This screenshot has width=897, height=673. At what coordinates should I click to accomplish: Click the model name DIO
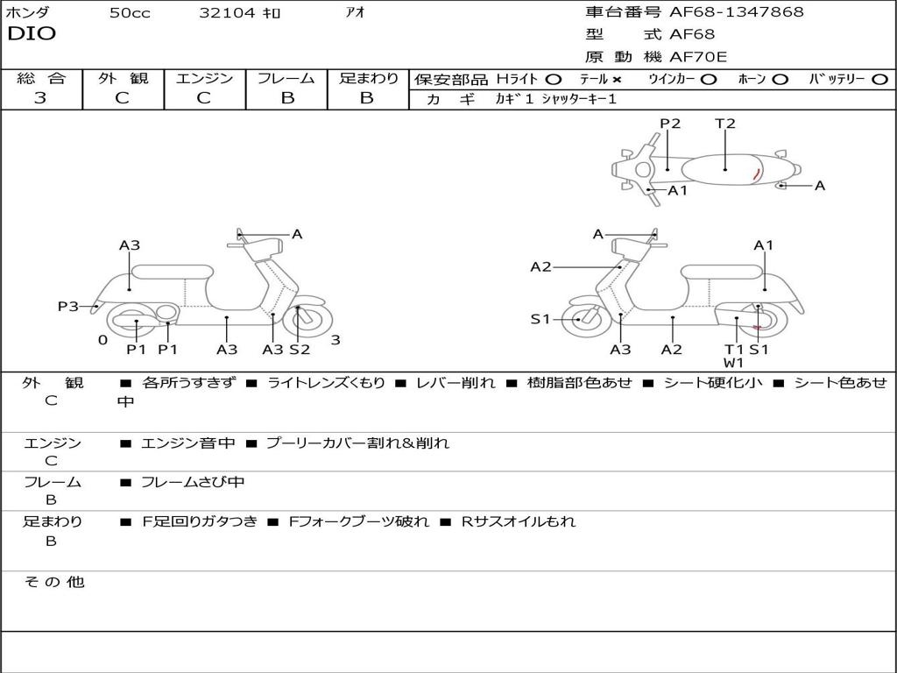point(32,34)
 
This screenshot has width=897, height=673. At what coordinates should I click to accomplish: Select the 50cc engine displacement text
point(130,13)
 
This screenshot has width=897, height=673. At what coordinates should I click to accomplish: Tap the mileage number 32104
point(227,13)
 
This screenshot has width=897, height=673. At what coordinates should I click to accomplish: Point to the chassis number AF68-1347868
point(736,12)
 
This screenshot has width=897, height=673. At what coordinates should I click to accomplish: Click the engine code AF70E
point(698,58)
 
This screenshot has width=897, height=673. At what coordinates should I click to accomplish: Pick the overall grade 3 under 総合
point(40,98)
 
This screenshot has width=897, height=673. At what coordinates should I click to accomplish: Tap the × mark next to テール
point(617,79)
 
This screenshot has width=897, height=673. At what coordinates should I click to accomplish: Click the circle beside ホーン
point(780,79)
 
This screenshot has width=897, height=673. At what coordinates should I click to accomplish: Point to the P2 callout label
point(670,124)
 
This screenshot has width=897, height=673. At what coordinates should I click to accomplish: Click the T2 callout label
point(725,124)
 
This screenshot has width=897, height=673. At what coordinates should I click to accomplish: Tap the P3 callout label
point(67,306)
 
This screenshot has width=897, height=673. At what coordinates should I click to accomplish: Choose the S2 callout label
point(300,350)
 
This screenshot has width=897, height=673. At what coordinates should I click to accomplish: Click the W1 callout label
point(734,363)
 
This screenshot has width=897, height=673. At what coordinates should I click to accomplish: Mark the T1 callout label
point(734,350)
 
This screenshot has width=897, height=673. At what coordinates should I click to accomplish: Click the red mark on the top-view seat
point(755,174)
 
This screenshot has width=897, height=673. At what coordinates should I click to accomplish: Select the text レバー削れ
point(456,383)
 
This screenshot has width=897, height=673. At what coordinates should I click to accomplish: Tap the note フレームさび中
point(193,482)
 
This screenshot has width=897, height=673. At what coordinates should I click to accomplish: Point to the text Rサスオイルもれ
point(519,521)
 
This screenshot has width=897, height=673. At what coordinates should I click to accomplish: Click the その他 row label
point(53,582)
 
